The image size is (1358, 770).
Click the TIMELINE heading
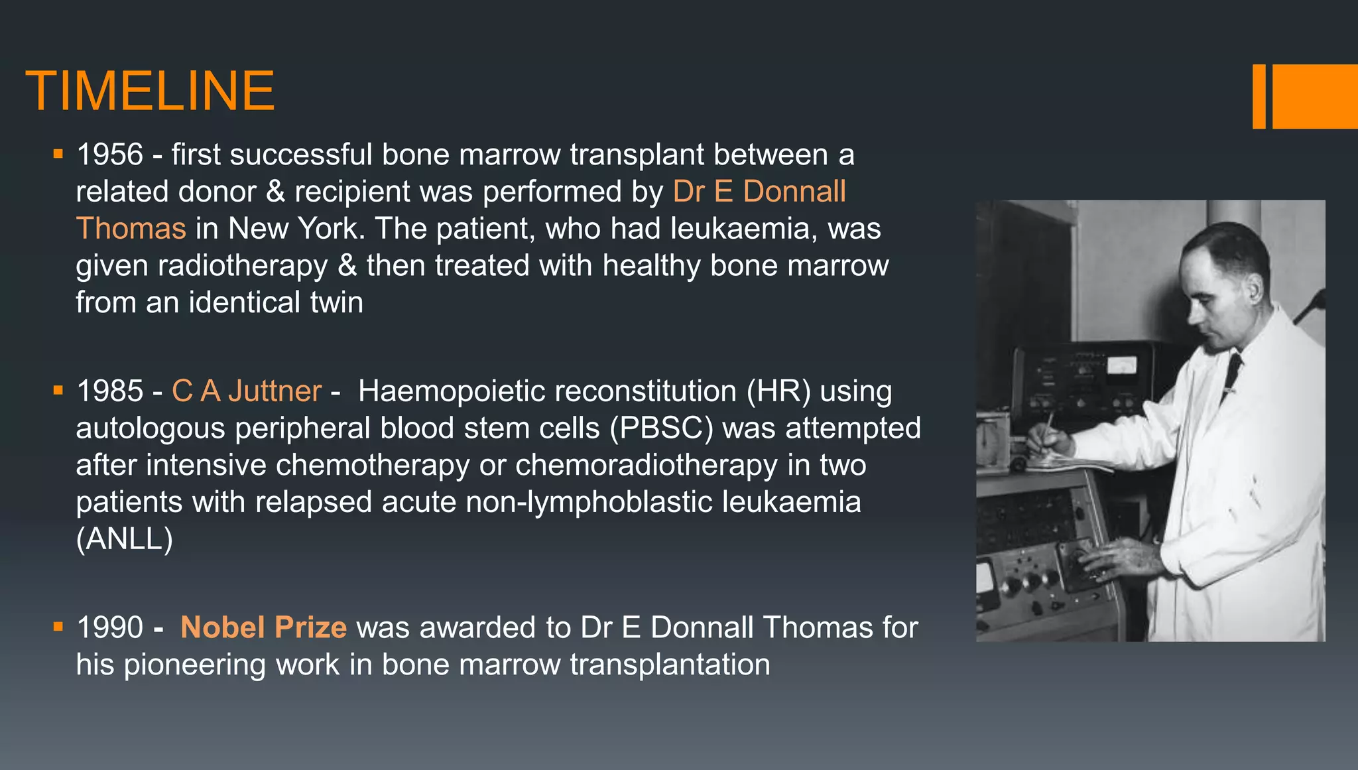coord(150,91)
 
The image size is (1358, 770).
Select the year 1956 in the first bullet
coord(110,155)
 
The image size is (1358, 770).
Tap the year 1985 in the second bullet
coord(110,391)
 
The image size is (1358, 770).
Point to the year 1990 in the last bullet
coord(110,627)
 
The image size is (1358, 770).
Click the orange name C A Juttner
coord(247,391)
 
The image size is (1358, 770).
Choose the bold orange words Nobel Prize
coord(263,627)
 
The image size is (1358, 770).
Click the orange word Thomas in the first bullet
coord(131,229)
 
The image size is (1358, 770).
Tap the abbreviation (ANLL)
coord(125,539)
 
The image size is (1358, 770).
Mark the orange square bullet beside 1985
coord(58,390)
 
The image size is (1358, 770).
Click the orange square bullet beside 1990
coord(58,626)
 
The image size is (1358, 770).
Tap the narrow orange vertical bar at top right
coord(1259,97)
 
